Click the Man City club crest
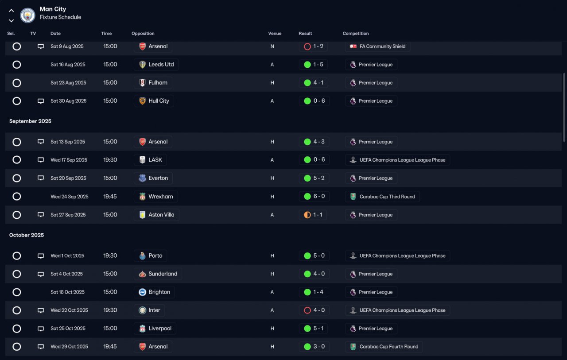pos(27,15)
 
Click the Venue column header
pos(275,33)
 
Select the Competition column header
pos(356,33)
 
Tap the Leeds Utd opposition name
pos(161,65)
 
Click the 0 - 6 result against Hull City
pos(319,101)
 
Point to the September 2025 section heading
pos(30,121)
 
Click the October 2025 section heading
pos(26,235)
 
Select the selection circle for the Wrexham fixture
pos(17,196)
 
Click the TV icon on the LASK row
pos(40,160)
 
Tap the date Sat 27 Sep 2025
pos(68,215)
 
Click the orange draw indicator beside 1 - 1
pos(307,215)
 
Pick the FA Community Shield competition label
pos(382,46)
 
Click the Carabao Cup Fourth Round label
pos(389,347)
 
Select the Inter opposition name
pos(154,310)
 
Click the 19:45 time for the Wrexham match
pos(110,196)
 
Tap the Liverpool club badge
pos(142,329)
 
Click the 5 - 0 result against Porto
pos(319,255)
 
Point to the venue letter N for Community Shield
pos(272,46)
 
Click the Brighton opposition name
pos(159,292)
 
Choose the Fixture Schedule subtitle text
pos(61,17)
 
